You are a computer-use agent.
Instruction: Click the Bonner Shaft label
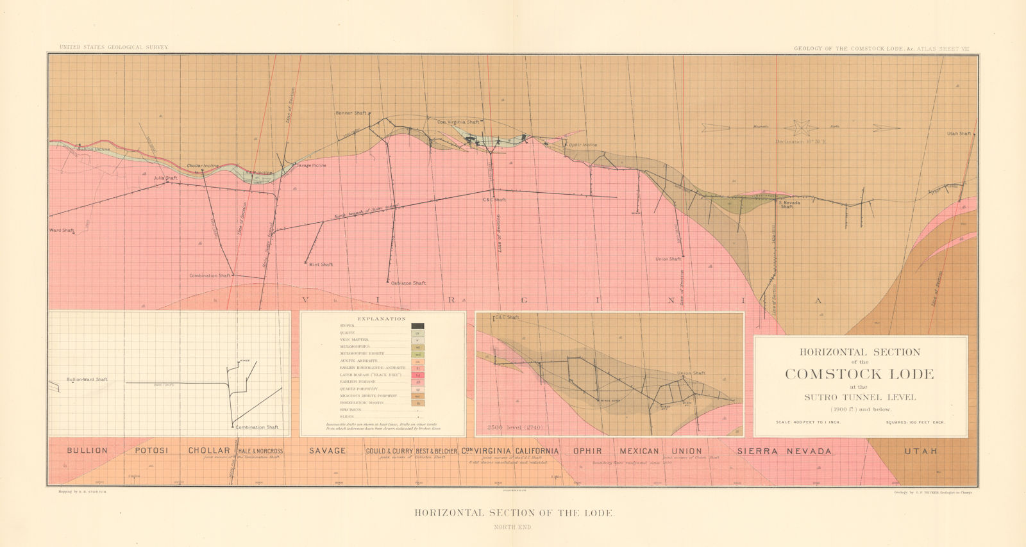click(x=351, y=113)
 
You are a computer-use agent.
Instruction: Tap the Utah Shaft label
click(x=959, y=134)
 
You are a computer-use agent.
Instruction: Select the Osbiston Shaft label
click(x=408, y=283)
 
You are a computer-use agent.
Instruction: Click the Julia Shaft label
click(x=165, y=178)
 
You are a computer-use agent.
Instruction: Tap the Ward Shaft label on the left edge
click(x=62, y=230)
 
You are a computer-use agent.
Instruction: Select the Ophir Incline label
click(x=583, y=145)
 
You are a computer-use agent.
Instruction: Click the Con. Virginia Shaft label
click(x=458, y=122)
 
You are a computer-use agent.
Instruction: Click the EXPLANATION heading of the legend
click(x=382, y=318)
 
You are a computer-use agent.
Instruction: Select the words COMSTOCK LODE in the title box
click(x=859, y=374)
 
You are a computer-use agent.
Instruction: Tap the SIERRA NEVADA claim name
click(x=785, y=451)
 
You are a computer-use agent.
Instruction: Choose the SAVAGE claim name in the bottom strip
click(x=328, y=451)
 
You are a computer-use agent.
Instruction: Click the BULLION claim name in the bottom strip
click(x=87, y=450)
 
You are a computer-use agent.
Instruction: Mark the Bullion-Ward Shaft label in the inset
click(x=87, y=379)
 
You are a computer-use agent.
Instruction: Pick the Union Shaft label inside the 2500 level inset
click(x=690, y=373)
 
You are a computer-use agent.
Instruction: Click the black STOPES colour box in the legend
click(x=417, y=326)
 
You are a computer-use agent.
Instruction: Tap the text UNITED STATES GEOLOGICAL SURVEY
click(x=114, y=47)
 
